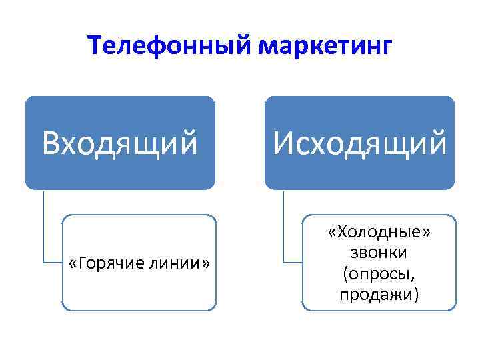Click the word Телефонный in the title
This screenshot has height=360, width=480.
[x=172, y=47]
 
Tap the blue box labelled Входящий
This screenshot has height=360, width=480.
[x=120, y=143]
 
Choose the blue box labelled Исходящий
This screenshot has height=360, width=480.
[x=359, y=143]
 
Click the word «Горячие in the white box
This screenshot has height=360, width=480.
[x=106, y=263]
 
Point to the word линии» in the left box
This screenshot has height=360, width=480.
[x=178, y=263]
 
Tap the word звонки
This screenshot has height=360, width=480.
[x=379, y=253]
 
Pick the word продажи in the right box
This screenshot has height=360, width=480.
[x=377, y=293]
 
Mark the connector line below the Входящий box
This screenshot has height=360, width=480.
[x=44, y=227]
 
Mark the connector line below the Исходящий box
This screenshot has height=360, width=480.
[x=283, y=227]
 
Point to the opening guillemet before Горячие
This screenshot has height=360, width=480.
[x=73, y=263]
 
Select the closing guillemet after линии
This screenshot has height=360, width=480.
[x=206, y=263]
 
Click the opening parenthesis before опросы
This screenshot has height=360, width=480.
[x=345, y=274]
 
